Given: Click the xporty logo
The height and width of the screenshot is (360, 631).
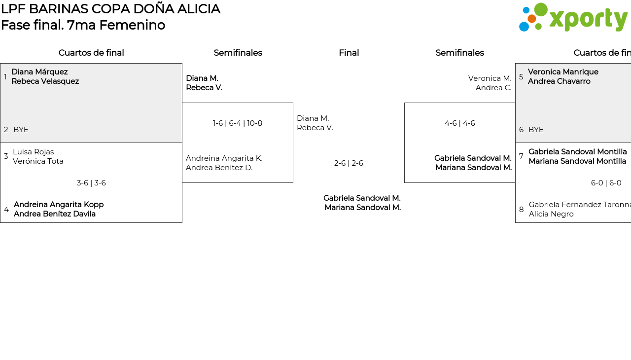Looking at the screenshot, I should [x=573, y=18].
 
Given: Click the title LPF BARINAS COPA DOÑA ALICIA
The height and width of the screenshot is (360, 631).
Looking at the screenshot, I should [x=110, y=9].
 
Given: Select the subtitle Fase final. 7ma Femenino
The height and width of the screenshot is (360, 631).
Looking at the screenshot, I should [x=83, y=25].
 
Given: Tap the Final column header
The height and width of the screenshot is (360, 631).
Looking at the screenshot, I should [x=349, y=53].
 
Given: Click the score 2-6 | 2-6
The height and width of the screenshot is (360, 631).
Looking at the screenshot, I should [x=349, y=163].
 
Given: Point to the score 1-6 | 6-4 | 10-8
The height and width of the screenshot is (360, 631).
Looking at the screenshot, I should [x=238, y=123].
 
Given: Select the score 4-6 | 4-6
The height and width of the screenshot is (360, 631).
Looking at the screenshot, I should [x=459, y=123].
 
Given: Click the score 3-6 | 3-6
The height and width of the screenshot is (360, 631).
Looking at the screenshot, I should [x=91, y=183].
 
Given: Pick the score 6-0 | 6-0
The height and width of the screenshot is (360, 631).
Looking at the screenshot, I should [x=606, y=183].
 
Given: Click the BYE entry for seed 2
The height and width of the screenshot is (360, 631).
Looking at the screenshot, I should [x=21, y=130].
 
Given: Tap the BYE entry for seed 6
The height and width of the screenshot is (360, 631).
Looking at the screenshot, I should [x=536, y=130].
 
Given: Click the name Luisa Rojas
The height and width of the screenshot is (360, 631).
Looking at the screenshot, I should [x=33, y=152].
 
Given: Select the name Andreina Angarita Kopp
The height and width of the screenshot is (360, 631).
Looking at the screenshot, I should [x=59, y=205].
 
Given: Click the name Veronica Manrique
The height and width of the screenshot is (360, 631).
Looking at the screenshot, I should [x=563, y=72].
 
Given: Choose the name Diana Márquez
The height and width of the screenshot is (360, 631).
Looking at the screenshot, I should [x=39, y=72].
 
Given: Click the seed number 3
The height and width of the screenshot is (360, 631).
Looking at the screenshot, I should [x=6, y=156].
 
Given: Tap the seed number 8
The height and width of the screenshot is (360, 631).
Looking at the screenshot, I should [x=521, y=210].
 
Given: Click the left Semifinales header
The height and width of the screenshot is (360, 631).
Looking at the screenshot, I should [x=238, y=53].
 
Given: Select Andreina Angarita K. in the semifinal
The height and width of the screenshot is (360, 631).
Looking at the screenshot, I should [x=224, y=158].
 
